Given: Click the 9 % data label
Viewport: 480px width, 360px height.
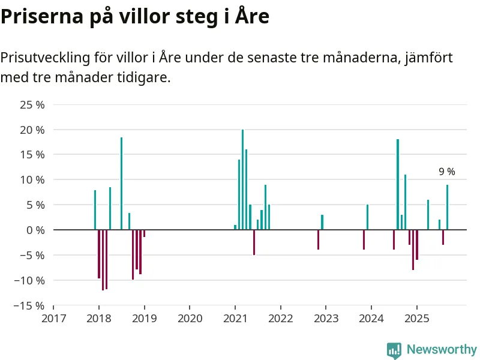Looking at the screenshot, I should tap(447, 172).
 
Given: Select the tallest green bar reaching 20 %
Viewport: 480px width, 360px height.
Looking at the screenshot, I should tap(242, 179).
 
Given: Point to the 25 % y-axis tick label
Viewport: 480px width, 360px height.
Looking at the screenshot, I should tap(33, 105).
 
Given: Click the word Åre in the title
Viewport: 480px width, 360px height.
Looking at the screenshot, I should tap(247, 17).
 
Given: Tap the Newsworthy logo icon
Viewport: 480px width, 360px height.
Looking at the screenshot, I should tap(394, 350).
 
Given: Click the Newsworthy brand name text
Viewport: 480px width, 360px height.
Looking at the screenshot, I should tap(442, 350).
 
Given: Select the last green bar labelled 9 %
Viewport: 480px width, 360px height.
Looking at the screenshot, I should tap(447, 207).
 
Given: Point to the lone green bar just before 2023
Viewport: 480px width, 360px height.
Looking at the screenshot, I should tap(322, 222).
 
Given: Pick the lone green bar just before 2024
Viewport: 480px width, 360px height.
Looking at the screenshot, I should tap(367, 217).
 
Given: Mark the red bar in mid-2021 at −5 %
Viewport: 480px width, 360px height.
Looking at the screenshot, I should tap(254, 242).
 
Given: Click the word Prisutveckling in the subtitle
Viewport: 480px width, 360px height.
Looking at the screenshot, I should tap(46, 58).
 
